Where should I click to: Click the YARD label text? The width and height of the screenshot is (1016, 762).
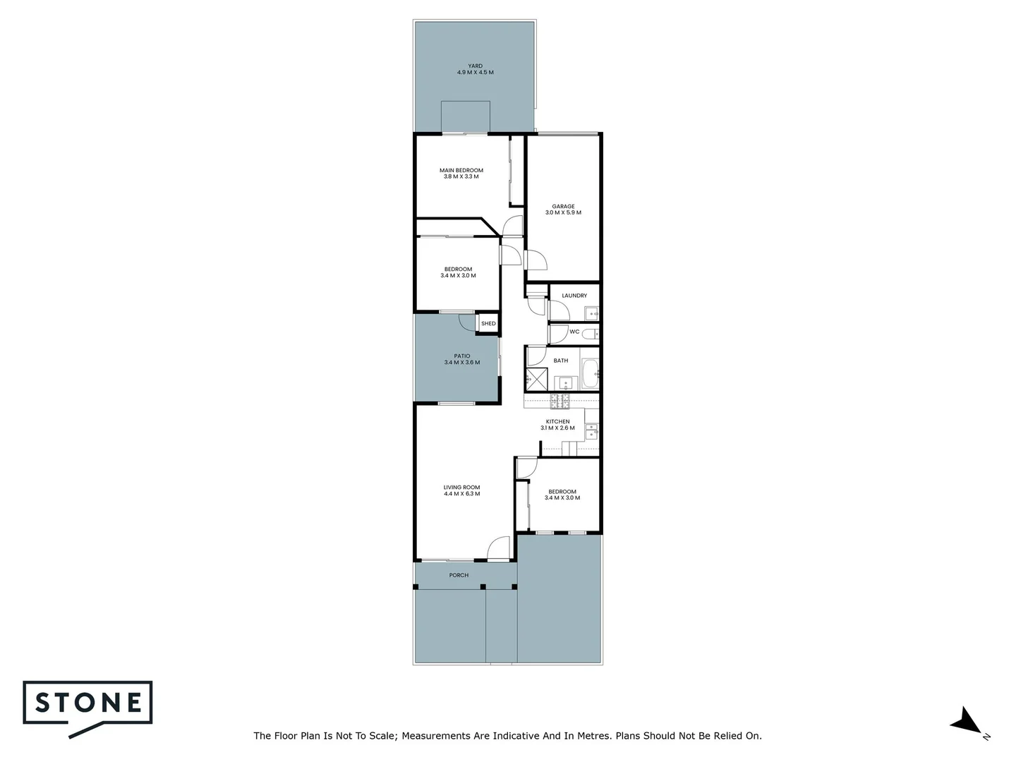coord(475,66)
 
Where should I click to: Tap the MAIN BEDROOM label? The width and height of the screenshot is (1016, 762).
coord(461,170)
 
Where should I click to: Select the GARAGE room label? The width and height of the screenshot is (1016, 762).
coord(563,207)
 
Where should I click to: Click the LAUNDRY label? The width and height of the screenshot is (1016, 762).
coord(574,296)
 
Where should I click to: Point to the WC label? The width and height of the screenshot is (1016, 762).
coord(574,332)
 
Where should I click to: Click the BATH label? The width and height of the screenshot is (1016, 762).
coord(561,361)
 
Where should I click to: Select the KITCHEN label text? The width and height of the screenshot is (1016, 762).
coord(557,422)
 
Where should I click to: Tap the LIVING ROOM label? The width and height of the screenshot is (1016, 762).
coord(461,488)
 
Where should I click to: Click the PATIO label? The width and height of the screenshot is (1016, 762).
coord(462,356)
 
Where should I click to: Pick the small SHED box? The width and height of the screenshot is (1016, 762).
coord(488,323)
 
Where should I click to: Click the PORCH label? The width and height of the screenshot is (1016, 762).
coord(459,575)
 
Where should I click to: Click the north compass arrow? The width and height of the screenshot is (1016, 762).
coord(965,722)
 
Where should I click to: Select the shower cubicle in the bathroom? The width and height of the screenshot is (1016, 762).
coord(536,380)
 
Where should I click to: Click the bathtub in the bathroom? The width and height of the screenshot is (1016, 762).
coord(589,373)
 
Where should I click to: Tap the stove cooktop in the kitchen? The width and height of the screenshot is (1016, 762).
coord(560,401)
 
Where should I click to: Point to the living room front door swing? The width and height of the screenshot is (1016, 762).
coord(498,549)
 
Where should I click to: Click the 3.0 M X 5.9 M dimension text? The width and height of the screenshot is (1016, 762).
coord(563,212)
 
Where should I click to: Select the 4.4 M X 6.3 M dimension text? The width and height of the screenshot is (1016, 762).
coord(461,494)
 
